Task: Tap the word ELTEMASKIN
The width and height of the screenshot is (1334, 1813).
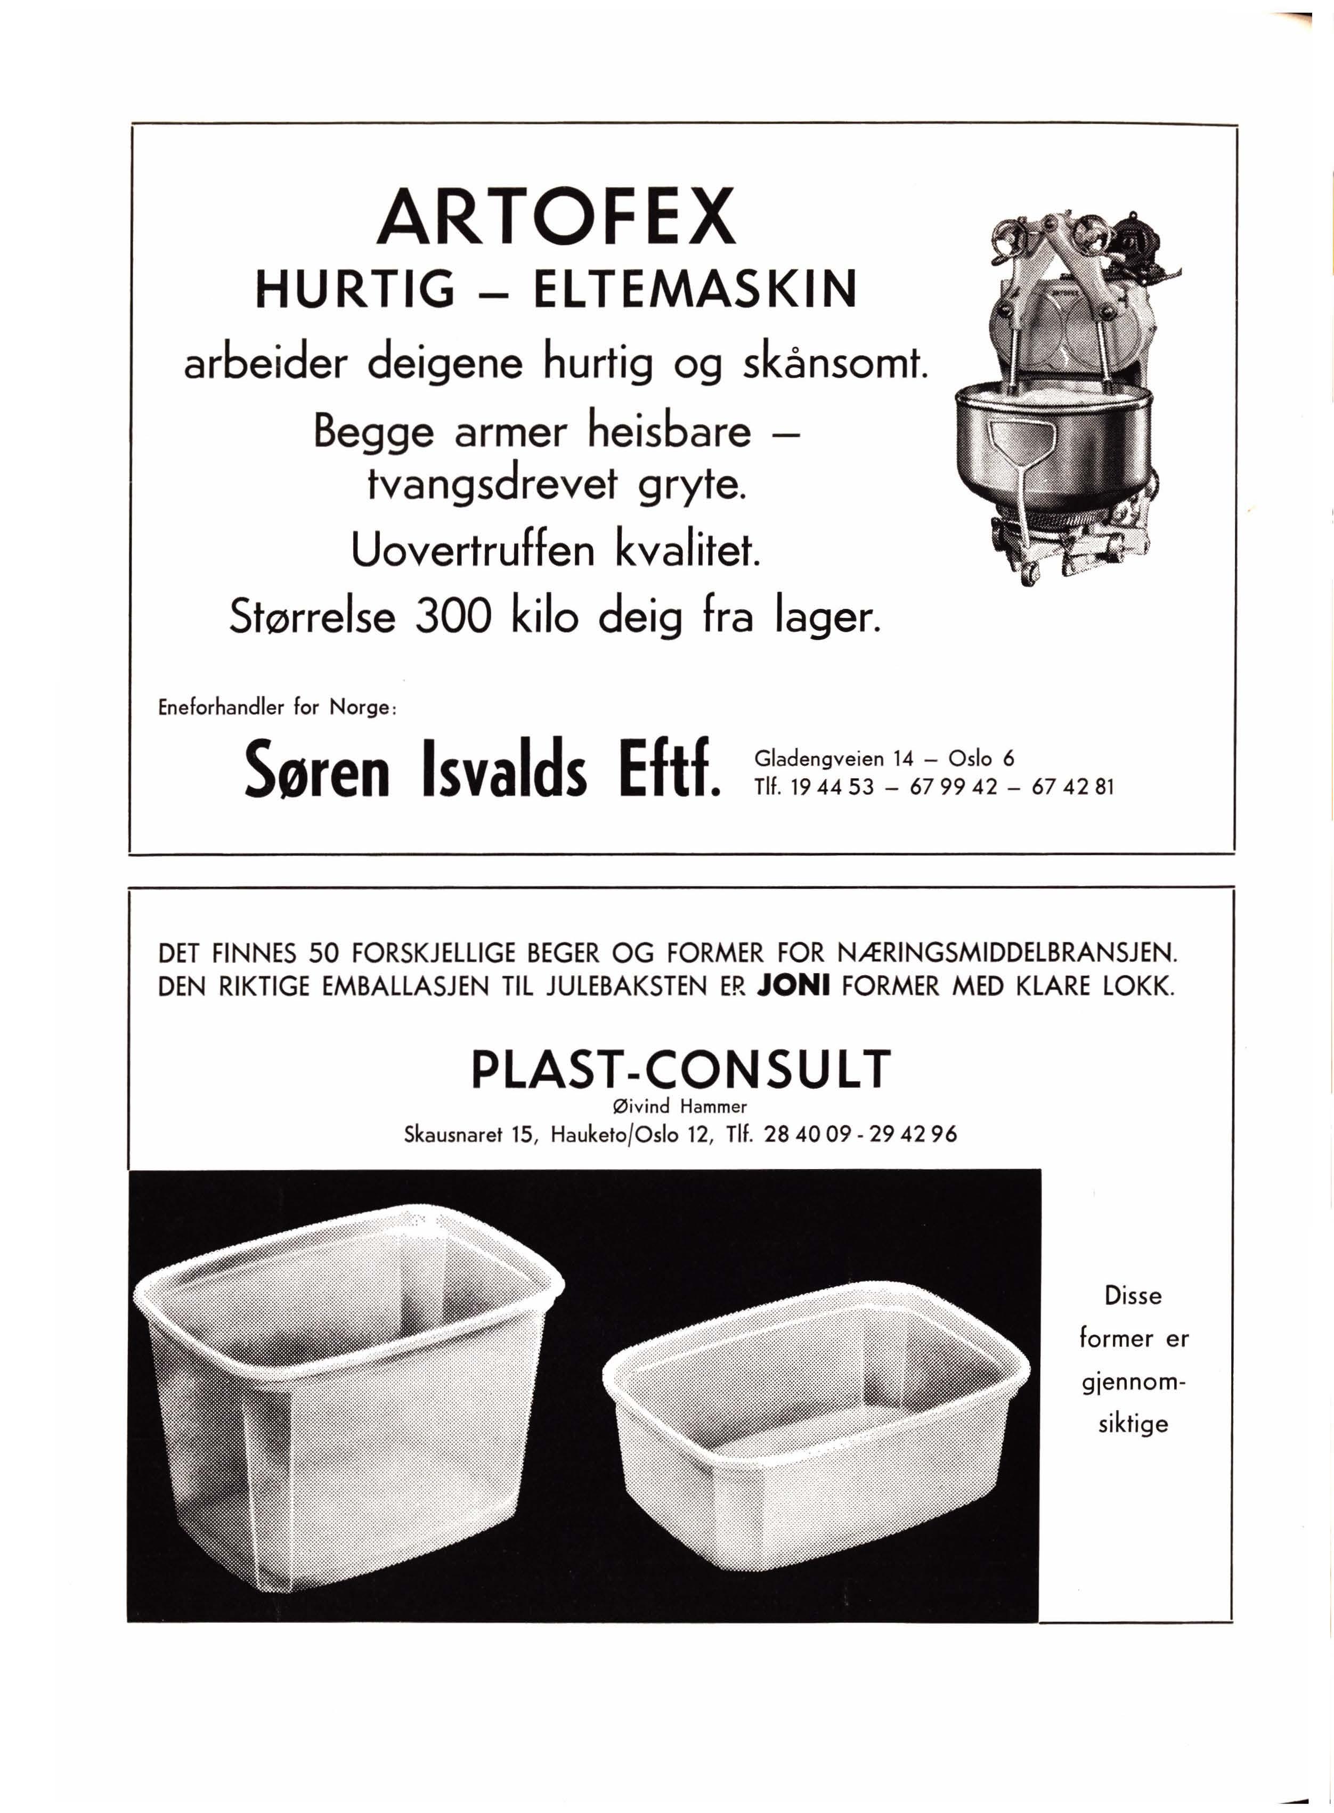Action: [x=695, y=290]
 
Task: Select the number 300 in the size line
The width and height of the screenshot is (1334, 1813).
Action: [x=452, y=617]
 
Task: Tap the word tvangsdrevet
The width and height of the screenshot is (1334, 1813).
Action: [x=492, y=485]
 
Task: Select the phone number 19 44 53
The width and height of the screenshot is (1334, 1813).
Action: [x=833, y=787]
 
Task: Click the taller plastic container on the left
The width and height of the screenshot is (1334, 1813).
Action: [x=347, y=1396]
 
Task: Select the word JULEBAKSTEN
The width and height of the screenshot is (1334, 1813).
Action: [x=627, y=986]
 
